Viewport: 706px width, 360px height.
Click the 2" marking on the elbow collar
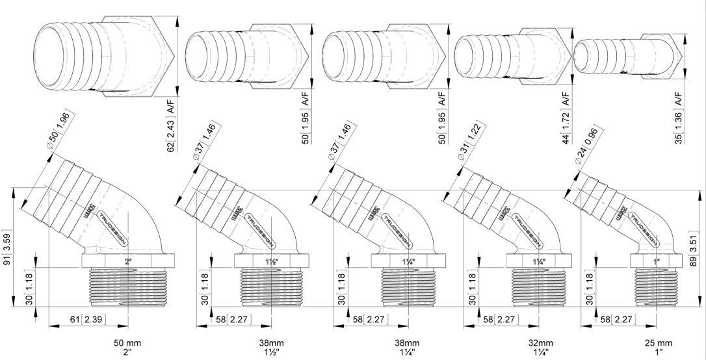click(127, 262)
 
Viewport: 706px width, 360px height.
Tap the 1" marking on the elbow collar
click(658, 262)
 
